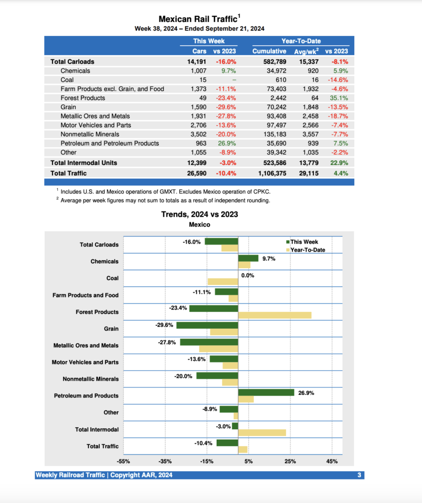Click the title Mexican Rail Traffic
[199, 19]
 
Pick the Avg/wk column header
[306, 51]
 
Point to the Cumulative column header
[269, 51]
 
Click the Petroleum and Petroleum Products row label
[110, 143]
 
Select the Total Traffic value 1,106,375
[269, 173]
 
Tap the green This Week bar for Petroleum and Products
[266, 392]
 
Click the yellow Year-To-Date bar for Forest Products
[275, 315]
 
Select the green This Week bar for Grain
[207, 325]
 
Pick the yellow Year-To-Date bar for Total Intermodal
[262, 432]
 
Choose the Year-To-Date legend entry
[307, 250]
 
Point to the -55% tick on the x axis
[123, 461]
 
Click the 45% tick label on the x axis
[332, 461]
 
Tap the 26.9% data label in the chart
[306, 393]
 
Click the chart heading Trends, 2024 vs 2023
[199, 214]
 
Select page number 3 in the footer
[359, 475]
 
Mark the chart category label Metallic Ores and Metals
[85, 345]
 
